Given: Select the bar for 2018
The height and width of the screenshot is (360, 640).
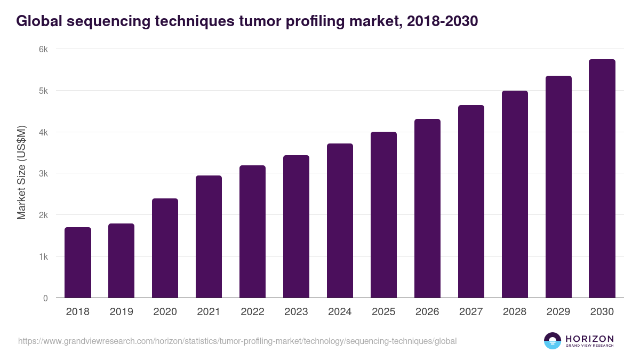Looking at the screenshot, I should (x=78, y=262).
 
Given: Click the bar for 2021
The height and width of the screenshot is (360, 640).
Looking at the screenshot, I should (x=209, y=237).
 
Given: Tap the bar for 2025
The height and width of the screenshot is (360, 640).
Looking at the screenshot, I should (x=383, y=215).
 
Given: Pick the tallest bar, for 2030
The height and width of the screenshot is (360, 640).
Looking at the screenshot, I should (x=602, y=179).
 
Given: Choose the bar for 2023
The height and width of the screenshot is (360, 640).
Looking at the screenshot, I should (x=296, y=227).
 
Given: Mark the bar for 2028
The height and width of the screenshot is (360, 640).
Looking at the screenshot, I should (x=515, y=194).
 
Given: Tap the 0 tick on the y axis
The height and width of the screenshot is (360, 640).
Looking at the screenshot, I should (x=45, y=298).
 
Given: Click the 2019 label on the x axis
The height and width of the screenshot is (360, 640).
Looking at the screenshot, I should (x=121, y=312).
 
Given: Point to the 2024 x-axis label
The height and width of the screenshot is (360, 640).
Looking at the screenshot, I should (x=340, y=312).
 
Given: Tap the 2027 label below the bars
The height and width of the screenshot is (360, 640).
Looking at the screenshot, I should (x=471, y=312).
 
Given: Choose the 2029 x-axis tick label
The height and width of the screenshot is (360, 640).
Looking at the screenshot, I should (x=558, y=312).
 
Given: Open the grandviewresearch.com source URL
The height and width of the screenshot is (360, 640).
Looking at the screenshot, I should (x=237, y=341).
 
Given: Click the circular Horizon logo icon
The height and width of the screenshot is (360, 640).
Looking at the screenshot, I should (x=553, y=341).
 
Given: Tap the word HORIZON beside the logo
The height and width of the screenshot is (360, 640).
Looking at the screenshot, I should (x=589, y=339).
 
